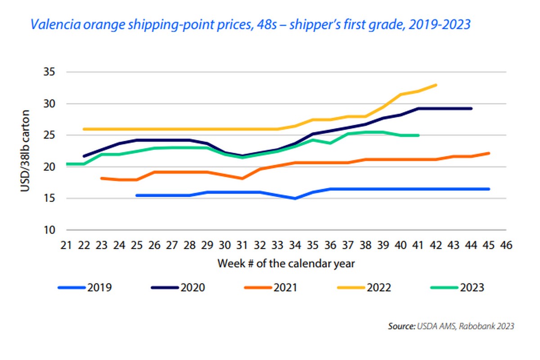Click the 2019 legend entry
tap(85, 287)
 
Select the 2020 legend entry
tap(183, 287)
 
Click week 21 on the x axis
tap(66, 245)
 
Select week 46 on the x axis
tap(506, 245)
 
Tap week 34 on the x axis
tap(295, 245)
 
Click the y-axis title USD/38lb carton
tap(26, 151)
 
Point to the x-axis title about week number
tap(286, 263)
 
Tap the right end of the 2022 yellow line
tap(436, 85)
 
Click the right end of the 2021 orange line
tap(489, 153)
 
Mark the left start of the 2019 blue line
tap(137, 195)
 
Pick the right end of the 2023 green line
tap(418, 135)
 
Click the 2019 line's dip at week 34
tap(295, 198)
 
